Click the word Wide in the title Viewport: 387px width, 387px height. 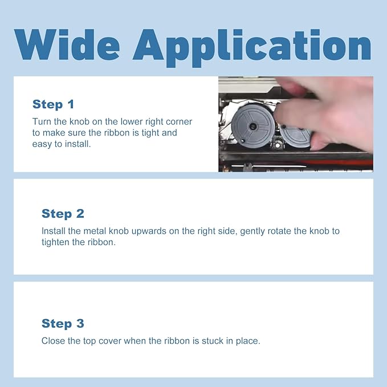[x=67, y=44]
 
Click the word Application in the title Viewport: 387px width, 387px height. [x=252, y=48]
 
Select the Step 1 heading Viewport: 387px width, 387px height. [x=54, y=104]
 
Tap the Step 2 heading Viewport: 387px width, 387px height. [x=63, y=214]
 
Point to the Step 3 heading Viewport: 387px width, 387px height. [x=63, y=324]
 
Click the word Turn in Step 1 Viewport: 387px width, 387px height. [x=42, y=121]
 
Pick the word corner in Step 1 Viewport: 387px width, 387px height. [x=179, y=122]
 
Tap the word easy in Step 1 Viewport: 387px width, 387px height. [x=42, y=144]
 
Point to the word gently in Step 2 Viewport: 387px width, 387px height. [x=252, y=231]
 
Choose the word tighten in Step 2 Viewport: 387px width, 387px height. [x=55, y=242]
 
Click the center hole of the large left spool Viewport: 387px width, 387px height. [x=253, y=127]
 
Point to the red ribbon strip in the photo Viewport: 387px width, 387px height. [x=337, y=162]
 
